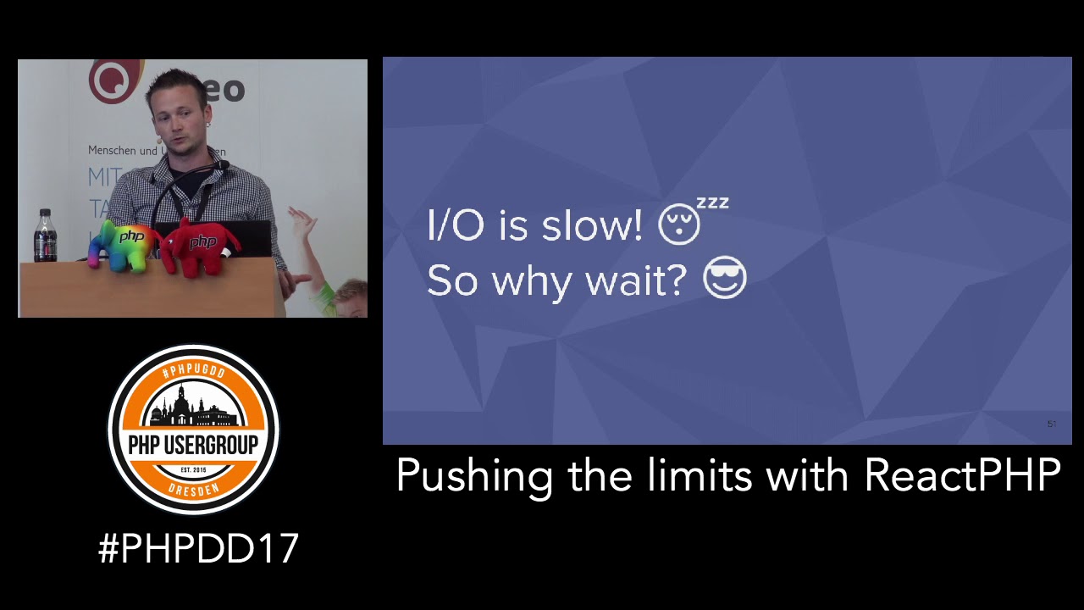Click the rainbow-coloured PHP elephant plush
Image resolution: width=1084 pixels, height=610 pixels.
point(125,243)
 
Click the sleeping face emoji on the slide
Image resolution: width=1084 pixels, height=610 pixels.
point(679,225)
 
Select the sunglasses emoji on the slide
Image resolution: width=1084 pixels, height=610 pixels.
point(725,280)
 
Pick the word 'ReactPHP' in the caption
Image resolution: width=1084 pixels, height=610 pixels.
point(962,475)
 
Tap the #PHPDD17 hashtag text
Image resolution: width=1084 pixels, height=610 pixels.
point(198,549)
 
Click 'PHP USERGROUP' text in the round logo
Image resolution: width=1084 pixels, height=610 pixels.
point(193,444)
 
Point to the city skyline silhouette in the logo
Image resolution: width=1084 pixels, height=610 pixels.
point(193,408)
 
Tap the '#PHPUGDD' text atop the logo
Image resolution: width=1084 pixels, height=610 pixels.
point(193,371)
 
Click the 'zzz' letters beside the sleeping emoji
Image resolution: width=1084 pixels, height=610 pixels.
point(712,203)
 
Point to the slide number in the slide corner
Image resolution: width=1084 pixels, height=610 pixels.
point(1052,424)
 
